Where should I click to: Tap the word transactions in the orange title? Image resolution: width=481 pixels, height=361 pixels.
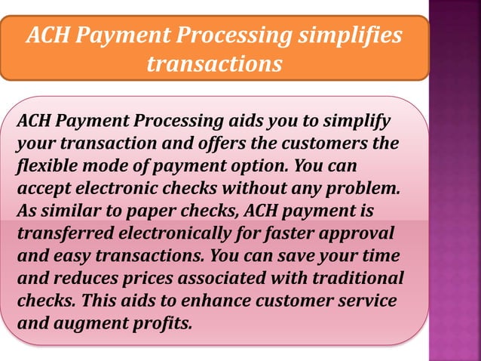point(214,63)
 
